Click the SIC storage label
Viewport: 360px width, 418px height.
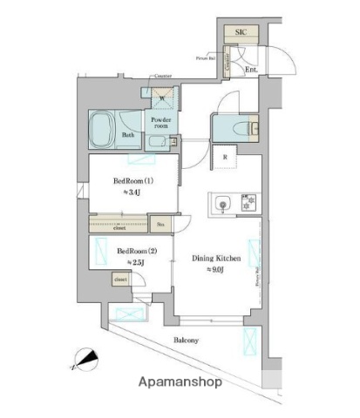tap(241, 32)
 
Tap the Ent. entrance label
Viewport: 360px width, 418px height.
tap(251, 69)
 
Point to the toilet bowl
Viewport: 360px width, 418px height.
tap(234, 128)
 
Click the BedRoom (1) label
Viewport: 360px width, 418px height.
tap(134, 181)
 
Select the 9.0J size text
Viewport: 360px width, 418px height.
tap(214, 270)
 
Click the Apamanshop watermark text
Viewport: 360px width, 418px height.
tap(179, 381)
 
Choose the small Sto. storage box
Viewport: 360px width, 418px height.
tap(160, 226)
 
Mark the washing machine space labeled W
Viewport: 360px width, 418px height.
tap(160, 98)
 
